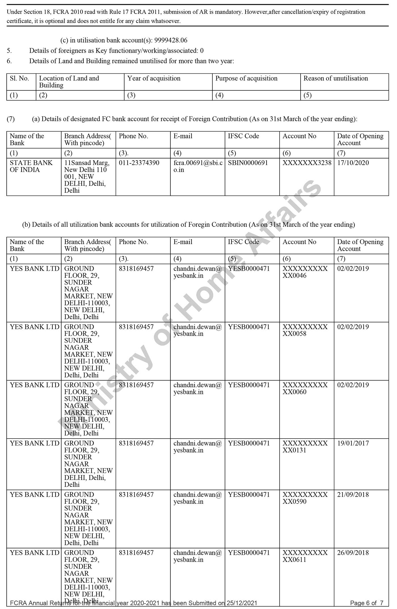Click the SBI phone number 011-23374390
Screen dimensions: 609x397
(x=139, y=163)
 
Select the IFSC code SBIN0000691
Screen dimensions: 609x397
(x=248, y=163)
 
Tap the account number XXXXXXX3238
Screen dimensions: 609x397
(x=307, y=163)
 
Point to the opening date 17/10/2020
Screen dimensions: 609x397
(x=353, y=163)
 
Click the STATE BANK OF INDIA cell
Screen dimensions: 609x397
(x=31, y=166)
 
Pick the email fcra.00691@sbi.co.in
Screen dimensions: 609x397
(x=198, y=166)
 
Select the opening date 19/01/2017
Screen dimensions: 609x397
(x=353, y=443)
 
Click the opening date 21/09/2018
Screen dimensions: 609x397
(x=353, y=494)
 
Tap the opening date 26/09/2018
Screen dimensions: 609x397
(x=353, y=553)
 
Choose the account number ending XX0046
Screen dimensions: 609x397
(x=305, y=272)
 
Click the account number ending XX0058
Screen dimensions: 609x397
(x=305, y=330)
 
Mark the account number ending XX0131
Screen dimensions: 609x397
(x=305, y=447)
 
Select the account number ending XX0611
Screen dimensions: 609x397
(x=305, y=556)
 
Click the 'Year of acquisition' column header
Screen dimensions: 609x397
(x=154, y=79)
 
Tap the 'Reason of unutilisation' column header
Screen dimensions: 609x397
(x=335, y=79)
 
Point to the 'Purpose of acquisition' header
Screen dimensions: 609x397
(x=246, y=79)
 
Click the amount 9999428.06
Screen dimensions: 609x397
(x=171, y=40)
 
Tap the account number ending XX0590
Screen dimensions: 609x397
(x=305, y=498)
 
